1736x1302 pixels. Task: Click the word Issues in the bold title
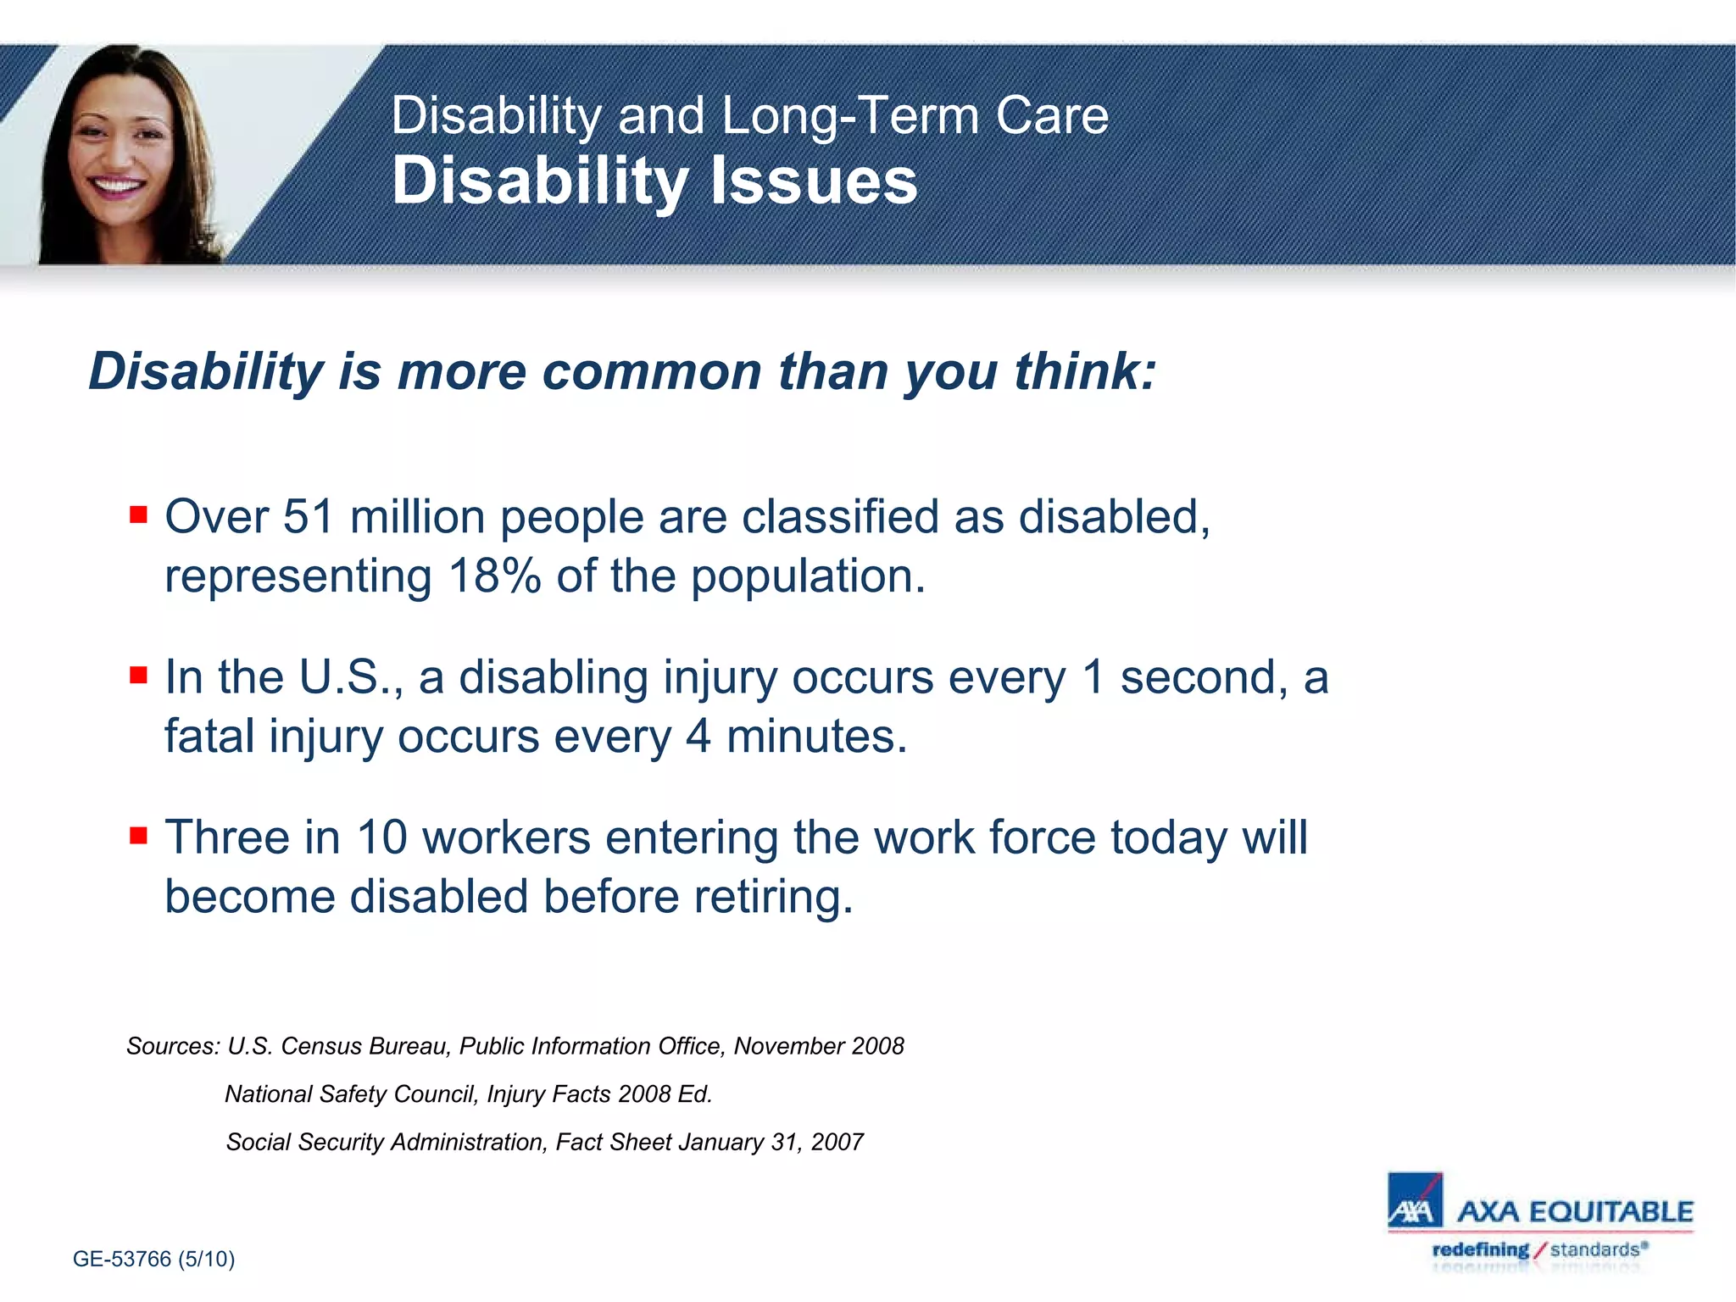tap(813, 181)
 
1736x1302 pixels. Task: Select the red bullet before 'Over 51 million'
tap(139, 514)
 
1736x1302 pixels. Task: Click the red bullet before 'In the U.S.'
tap(139, 675)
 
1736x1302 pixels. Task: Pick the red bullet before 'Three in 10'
tap(139, 836)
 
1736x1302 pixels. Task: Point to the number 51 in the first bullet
tap(309, 517)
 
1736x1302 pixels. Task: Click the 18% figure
tap(495, 577)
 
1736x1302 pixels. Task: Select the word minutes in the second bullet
tap(815, 737)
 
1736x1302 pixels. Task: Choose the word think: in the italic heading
tap(1085, 372)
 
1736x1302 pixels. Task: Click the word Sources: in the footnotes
tap(173, 1047)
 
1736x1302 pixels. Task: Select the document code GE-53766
tap(122, 1259)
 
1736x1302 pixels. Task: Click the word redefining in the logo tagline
tap(1480, 1249)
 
